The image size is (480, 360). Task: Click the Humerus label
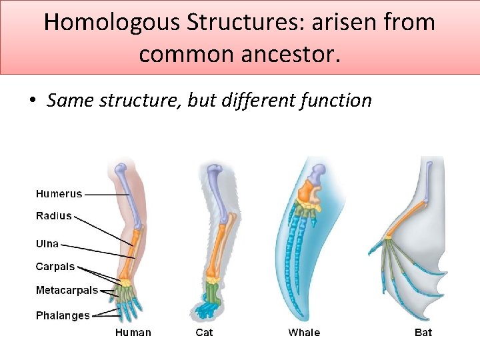point(59,194)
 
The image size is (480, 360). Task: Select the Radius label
point(53,216)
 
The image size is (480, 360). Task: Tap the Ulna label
point(47,244)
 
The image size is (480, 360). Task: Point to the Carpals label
point(55,267)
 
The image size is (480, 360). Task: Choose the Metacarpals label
point(67,291)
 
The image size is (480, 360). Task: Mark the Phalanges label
point(63,315)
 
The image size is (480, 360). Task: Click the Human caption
point(133,333)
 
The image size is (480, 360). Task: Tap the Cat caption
point(204,333)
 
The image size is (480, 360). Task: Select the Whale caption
point(304,333)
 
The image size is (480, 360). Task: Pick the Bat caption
point(423,333)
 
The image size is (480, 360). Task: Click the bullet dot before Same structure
point(32,101)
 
